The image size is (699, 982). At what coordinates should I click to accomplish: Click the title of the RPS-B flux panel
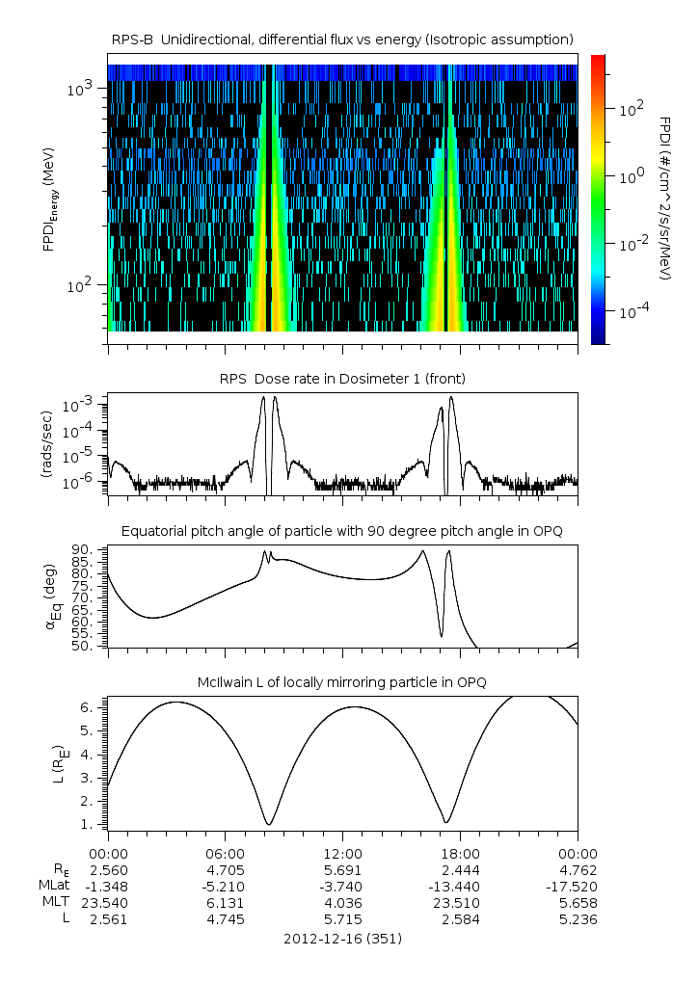[342, 39]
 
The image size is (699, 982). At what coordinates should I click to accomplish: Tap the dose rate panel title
[342, 379]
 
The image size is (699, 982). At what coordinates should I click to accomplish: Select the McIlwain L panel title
[342, 682]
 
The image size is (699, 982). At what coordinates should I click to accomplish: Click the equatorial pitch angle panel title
[342, 531]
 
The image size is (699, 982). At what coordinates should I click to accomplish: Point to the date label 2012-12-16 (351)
[342, 938]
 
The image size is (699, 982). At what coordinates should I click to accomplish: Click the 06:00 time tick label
[226, 853]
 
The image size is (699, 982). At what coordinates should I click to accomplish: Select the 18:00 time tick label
[460, 853]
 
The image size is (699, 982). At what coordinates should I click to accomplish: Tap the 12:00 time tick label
[342, 853]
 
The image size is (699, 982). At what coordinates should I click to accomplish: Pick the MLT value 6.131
[226, 903]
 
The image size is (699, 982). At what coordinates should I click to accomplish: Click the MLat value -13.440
[460, 886]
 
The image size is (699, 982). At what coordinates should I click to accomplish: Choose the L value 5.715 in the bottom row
[342, 919]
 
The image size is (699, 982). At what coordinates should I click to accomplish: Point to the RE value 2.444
[460, 869]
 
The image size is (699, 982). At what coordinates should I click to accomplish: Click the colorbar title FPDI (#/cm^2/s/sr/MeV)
[665, 198]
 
